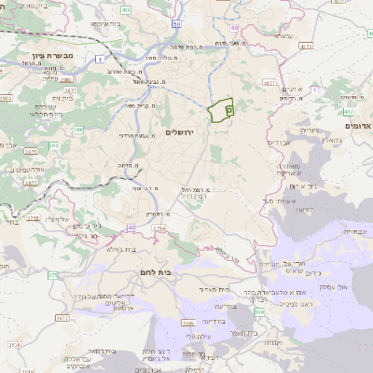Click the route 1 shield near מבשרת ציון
[99, 59]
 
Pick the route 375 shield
[52, 275]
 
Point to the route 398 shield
[258, 323]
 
